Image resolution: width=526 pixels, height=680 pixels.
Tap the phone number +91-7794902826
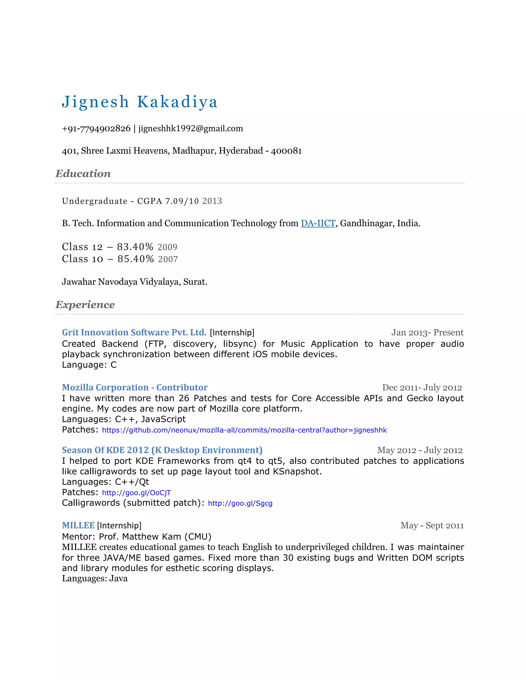pos(96,129)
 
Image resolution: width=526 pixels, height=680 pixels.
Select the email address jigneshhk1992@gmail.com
pos(190,129)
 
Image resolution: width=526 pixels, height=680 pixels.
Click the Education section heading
pos(83,173)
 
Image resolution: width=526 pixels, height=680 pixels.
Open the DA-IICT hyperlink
pos(318,223)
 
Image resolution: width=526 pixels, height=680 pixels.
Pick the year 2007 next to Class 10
pos(168,259)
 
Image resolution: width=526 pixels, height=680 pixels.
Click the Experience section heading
pos(85,305)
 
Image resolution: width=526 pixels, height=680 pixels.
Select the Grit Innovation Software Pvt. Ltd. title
pos(134,333)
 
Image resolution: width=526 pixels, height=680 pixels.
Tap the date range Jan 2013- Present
pos(427,333)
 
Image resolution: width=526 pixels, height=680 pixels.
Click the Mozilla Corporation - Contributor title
pos(135,387)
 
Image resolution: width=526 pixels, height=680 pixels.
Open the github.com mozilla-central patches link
pos(244,430)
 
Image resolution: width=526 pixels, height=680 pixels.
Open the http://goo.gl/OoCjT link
pos(136,493)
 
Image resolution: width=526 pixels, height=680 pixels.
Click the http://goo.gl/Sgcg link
pos(240,503)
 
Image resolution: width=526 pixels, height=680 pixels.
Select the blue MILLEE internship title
pos(78,526)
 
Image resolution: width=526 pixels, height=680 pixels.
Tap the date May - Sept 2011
pos(432,526)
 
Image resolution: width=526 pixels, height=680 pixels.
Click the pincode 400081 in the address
pos(286,151)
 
